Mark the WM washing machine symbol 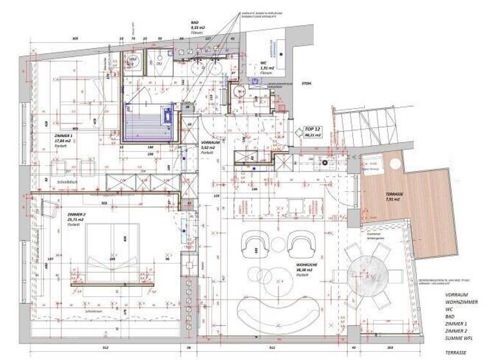133,62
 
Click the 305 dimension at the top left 75,39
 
